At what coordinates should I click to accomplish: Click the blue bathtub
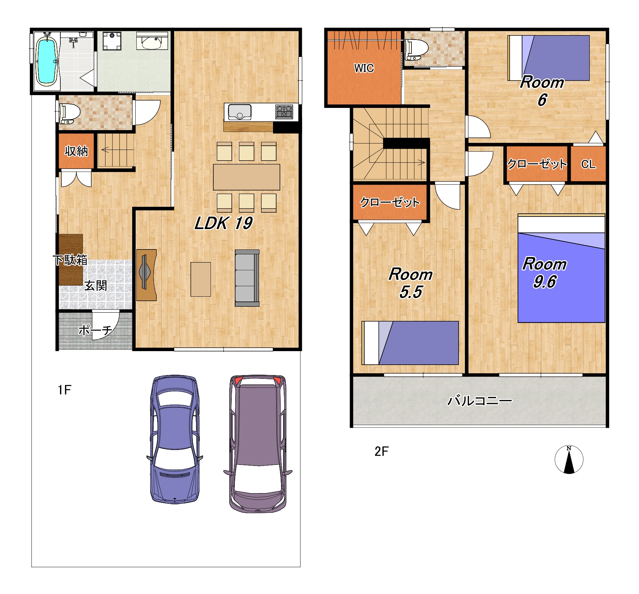(46, 62)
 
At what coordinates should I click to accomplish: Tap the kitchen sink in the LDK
(239, 112)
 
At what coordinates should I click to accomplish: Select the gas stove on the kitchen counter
(284, 112)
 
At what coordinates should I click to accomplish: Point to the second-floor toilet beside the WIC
(417, 50)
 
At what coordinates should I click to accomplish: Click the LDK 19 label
(223, 223)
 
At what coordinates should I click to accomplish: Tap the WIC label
(364, 68)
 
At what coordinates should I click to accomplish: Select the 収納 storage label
(76, 151)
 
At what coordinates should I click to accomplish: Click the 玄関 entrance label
(96, 286)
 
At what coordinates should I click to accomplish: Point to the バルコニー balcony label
(479, 401)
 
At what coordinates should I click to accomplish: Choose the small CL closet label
(588, 164)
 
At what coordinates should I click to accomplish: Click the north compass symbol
(569, 459)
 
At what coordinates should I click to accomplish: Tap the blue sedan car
(175, 439)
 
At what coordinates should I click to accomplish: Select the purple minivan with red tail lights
(258, 444)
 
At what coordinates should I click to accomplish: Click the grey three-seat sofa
(247, 278)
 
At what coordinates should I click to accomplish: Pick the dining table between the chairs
(247, 177)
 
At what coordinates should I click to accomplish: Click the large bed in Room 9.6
(561, 268)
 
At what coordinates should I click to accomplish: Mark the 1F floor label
(65, 390)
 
